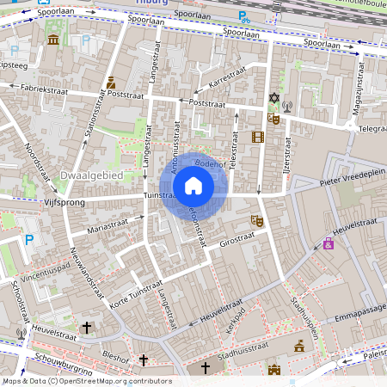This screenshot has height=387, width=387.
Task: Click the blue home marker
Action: click(x=193, y=186)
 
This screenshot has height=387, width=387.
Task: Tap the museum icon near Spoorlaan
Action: click(x=53, y=40)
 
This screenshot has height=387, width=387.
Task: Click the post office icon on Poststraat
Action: click(x=111, y=83)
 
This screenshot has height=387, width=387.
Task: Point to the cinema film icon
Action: click(x=257, y=136)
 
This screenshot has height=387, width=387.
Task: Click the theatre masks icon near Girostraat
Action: click(x=255, y=220)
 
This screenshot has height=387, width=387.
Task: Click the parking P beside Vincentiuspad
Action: click(x=31, y=240)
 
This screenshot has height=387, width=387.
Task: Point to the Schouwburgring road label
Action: click(x=64, y=360)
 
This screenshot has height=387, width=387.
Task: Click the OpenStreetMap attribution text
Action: click(x=86, y=381)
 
